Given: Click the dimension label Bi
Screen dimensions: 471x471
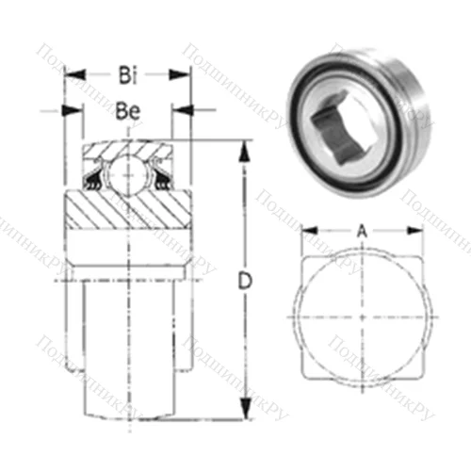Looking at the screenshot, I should (x=126, y=73).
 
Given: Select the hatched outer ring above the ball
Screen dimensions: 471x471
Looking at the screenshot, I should (x=127, y=151).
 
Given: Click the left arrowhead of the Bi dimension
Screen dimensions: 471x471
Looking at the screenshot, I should (x=70, y=73).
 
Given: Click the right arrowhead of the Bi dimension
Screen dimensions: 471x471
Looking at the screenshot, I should (x=185, y=73).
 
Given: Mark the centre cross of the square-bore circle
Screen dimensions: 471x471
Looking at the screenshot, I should (x=363, y=316).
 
